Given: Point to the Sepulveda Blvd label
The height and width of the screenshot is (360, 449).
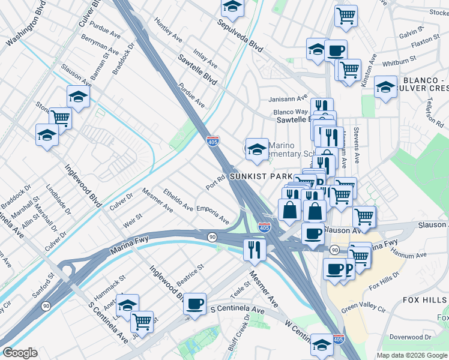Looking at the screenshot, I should [x=240, y=37].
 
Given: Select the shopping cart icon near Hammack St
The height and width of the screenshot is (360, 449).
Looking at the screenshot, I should [x=142, y=322].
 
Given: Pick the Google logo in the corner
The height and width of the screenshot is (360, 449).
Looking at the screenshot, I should [x=20, y=352].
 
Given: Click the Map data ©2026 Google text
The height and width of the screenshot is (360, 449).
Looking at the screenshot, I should [x=412, y=355].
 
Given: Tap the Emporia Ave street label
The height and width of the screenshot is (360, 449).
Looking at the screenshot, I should [x=210, y=215].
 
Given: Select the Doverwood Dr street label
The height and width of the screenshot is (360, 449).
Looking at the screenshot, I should [x=411, y=337].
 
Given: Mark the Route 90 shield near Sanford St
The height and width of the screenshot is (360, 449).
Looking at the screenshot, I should [x=46, y=306].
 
